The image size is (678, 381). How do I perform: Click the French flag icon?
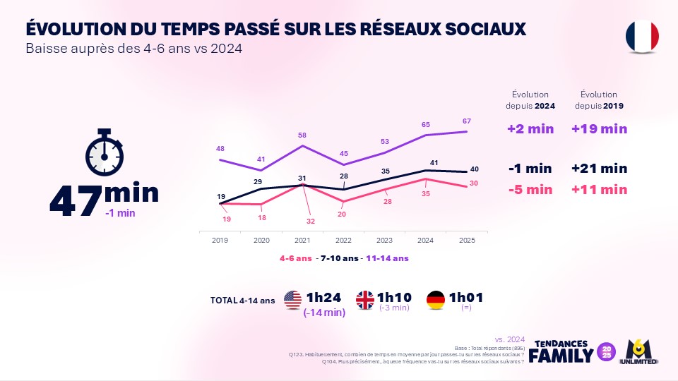click(642, 35)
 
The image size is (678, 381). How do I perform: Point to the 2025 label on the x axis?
click(466, 241)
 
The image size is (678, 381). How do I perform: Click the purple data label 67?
click(466, 121)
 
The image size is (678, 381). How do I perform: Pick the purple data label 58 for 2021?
click(303, 135)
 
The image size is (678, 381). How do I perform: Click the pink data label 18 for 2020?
click(263, 218)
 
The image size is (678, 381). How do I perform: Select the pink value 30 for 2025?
click(474, 183)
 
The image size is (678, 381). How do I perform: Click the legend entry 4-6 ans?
click(295, 258)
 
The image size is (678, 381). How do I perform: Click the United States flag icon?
click(292, 300)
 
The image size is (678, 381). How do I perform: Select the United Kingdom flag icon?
click(367, 300)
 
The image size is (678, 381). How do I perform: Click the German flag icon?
click(436, 300)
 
